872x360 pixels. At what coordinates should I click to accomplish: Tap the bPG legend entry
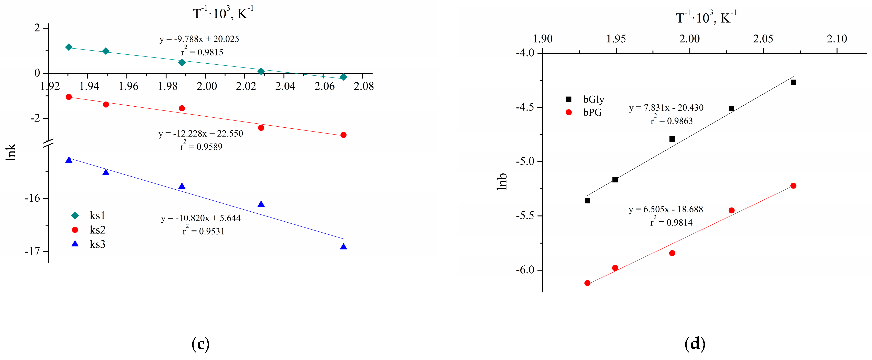pos(585,112)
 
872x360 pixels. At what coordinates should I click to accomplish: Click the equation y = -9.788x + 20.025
pos(199,39)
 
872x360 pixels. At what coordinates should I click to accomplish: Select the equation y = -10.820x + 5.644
pos(201,218)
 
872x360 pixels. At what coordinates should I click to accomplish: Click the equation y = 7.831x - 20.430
pos(666,108)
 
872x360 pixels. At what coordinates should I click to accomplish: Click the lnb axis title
pos(502,181)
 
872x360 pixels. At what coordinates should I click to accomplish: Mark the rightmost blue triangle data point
pos(343,247)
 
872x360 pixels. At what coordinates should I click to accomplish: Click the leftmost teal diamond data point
pos(69,47)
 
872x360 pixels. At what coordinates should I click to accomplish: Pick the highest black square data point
pos(793,82)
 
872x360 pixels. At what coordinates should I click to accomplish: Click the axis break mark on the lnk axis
pos(48,143)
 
